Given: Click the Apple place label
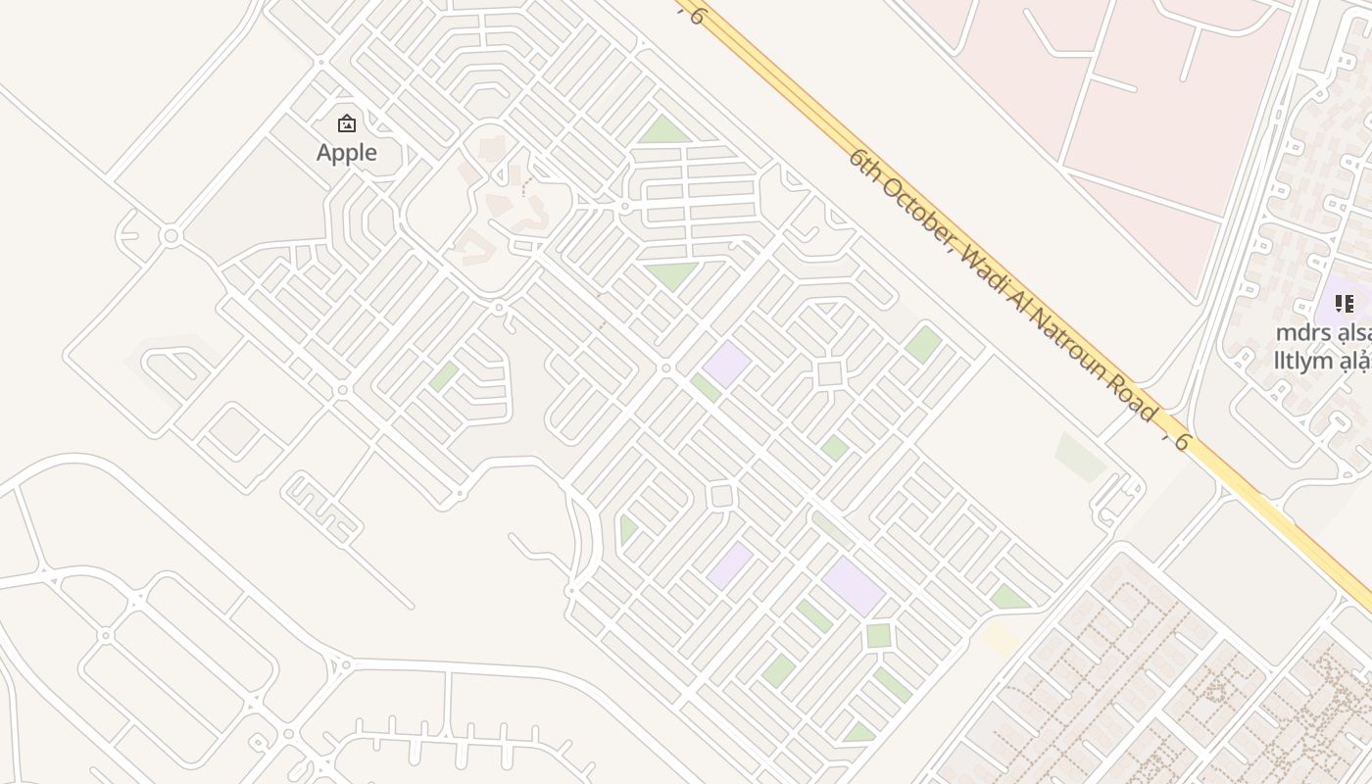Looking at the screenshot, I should point(347,152).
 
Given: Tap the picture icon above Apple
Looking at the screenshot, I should point(346,123).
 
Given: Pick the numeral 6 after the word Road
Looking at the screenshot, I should point(1182,442).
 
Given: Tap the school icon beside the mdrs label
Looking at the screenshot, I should point(1345,303).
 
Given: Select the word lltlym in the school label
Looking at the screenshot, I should point(1303,361).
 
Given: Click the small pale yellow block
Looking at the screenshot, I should point(1000,638).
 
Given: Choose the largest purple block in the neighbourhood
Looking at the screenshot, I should point(854,585).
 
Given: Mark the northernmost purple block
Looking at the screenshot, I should point(726,364).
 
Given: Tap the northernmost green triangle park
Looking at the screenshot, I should point(663,131).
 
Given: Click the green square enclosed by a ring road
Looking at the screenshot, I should point(878,635).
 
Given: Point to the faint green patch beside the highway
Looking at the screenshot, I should point(1081,456).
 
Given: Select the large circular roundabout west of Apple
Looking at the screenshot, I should point(171,236).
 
